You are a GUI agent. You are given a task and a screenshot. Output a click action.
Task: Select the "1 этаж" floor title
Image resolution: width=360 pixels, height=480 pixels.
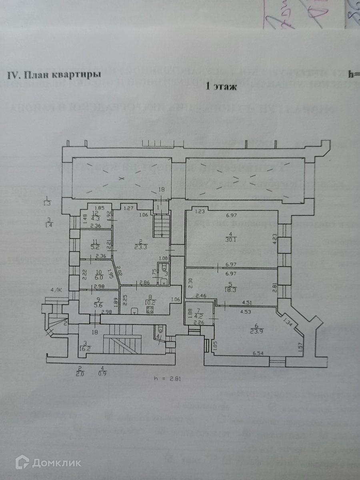[x=221, y=87]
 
